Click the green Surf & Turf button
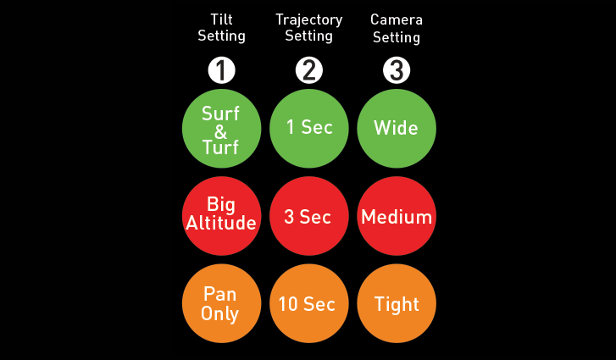pos(221,129)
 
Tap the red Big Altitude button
pos(221,215)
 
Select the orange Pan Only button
pos(221,303)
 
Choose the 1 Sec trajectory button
pos(308,128)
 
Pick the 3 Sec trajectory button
pos(308,216)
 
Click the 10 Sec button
pos(308,303)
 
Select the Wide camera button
pos(397,128)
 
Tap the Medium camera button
pos(397,216)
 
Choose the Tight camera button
pos(397,303)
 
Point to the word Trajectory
pos(308,19)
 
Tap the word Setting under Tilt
pos(221,36)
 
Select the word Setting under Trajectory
pos(308,36)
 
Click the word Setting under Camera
pos(397,37)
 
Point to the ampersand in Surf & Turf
pos(221,130)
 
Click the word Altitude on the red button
pos(221,224)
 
